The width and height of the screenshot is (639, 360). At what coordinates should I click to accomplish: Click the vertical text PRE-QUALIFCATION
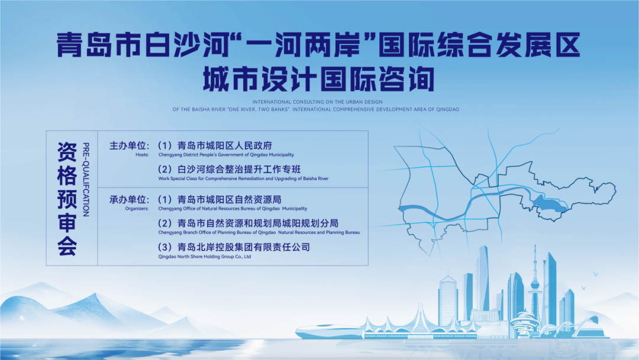click(x=86, y=179)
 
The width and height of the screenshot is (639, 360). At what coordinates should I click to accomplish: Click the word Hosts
click(x=142, y=155)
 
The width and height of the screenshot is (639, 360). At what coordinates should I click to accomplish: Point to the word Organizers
click(x=137, y=209)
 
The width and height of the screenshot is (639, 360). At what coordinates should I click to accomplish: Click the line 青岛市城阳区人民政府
click(x=225, y=146)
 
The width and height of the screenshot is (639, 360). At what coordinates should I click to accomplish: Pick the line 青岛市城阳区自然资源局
click(x=230, y=200)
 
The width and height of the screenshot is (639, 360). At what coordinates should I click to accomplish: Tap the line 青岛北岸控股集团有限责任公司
click(x=244, y=247)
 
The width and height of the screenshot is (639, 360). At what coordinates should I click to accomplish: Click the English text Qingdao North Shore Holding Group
click(x=196, y=257)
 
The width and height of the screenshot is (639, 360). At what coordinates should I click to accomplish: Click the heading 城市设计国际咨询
click(x=319, y=79)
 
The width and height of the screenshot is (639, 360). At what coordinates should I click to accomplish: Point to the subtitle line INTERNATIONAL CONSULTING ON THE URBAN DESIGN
click(x=318, y=102)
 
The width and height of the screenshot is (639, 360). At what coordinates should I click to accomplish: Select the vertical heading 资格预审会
click(x=67, y=199)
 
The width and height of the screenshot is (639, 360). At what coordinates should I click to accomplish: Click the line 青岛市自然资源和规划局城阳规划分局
click(x=258, y=223)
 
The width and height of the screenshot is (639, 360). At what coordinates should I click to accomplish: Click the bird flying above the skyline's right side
click(x=595, y=274)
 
